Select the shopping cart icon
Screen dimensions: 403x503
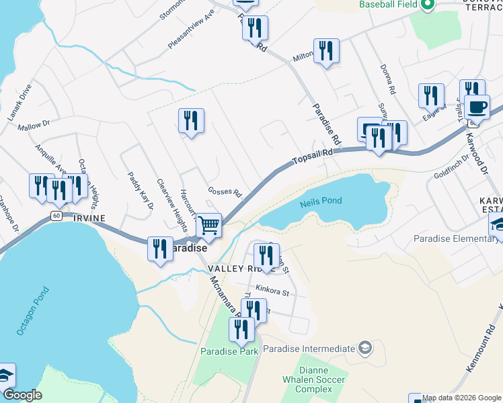pyautogui.click(x=209, y=226)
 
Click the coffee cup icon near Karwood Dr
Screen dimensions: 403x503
pyautogui.click(x=477, y=107)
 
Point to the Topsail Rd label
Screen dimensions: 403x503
pyautogui.click(x=313, y=157)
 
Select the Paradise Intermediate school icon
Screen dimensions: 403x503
pyautogui.click(x=364, y=347)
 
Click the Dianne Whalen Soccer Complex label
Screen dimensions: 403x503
pyautogui.click(x=322, y=379)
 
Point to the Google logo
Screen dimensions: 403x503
pyautogui.click(x=22, y=396)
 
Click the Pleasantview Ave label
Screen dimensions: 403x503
pyautogui.click(x=191, y=30)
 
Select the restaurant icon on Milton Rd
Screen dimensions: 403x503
pyautogui.click(x=326, y=51)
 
